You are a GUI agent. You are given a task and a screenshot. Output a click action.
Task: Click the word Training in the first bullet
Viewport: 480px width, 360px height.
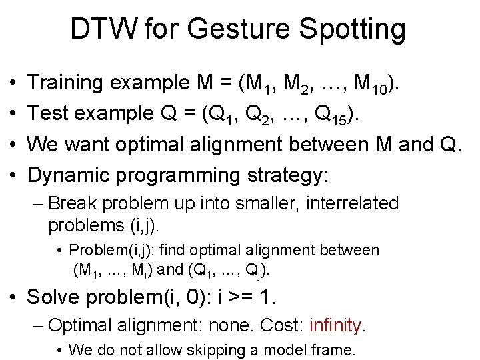click(x=69, y=83)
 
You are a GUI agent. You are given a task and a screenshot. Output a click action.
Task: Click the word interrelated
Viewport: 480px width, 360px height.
click(x=351, y=203)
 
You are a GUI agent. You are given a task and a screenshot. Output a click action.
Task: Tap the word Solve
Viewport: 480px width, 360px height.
click(x=52, y=297)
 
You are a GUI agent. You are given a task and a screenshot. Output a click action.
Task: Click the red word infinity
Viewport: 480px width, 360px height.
click(x=337, y=326)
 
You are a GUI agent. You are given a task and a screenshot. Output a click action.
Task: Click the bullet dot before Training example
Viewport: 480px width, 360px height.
click(x=14, y=84)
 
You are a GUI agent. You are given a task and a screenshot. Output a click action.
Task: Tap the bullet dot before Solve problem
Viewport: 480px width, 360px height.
click(x=14, y=297)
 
